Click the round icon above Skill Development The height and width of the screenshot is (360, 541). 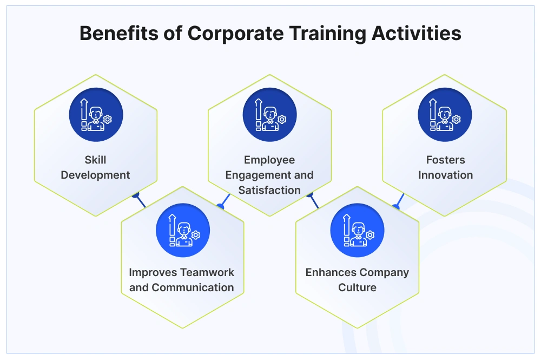[96, 115]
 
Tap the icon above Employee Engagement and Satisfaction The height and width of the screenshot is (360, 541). [269, 115]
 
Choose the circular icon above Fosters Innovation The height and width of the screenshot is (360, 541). [445, 115]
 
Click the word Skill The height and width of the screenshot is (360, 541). [96, 160]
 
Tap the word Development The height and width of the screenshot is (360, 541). [96, 175]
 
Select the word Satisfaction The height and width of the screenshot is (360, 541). [269, 190]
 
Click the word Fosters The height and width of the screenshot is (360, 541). [445, 160]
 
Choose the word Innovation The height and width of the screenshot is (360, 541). [445, 175]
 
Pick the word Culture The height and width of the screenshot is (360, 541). [357, 287]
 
